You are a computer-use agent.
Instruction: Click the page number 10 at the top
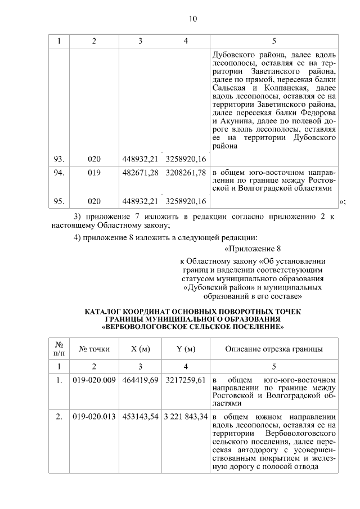point(192,19)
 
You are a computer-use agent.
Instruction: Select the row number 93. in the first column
point(58,159)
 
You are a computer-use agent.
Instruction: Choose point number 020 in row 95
point(94,201)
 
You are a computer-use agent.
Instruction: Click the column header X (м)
point(140,349)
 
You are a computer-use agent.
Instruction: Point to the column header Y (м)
point(186,349)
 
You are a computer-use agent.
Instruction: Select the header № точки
point(94,349)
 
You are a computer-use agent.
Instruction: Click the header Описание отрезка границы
point(274,349)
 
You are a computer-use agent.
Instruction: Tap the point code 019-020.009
point(94,380)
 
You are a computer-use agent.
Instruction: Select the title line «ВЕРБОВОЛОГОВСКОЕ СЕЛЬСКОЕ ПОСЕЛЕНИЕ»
point(193,326)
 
